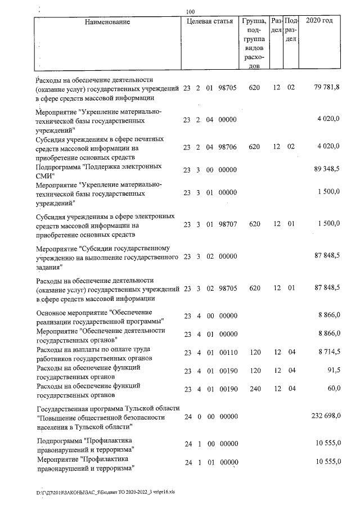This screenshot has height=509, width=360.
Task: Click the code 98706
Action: pos(228,147)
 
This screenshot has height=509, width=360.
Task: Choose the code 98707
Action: pos(228,224)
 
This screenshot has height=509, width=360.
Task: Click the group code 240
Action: pos(254,389)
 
